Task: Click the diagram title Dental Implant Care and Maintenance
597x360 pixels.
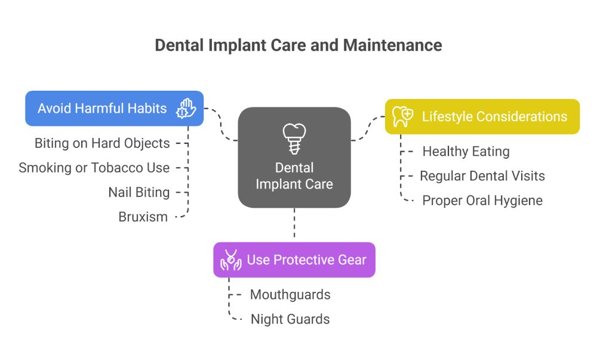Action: [x=298, y=45]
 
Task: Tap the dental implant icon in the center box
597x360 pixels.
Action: [x=294, y=139]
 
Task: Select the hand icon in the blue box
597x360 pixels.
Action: [x=186, y=109]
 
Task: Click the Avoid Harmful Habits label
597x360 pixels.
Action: [x=102, y=109]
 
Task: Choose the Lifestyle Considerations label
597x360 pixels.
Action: [x=494, y=116]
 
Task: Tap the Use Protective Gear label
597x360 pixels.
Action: [x=306, y=260]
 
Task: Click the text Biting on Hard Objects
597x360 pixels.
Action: [x=102, y=143]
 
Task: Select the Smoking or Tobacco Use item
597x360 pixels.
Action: [x=94, y=168]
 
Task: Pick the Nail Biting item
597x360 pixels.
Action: [x=139, y=192]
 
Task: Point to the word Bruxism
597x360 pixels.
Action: [x=143, y=217]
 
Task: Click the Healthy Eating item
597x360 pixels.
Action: [x=466, y=152]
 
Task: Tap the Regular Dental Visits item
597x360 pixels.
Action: [x=482, y=176]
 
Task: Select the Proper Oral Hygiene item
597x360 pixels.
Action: [x=482, y=201]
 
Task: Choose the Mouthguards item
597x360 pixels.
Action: [x=290, y=294]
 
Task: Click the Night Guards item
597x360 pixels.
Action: [x=290, y=319]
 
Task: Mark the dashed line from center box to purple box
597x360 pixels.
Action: [x=294, y=225]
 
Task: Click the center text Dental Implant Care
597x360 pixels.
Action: [x=294, y=176]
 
